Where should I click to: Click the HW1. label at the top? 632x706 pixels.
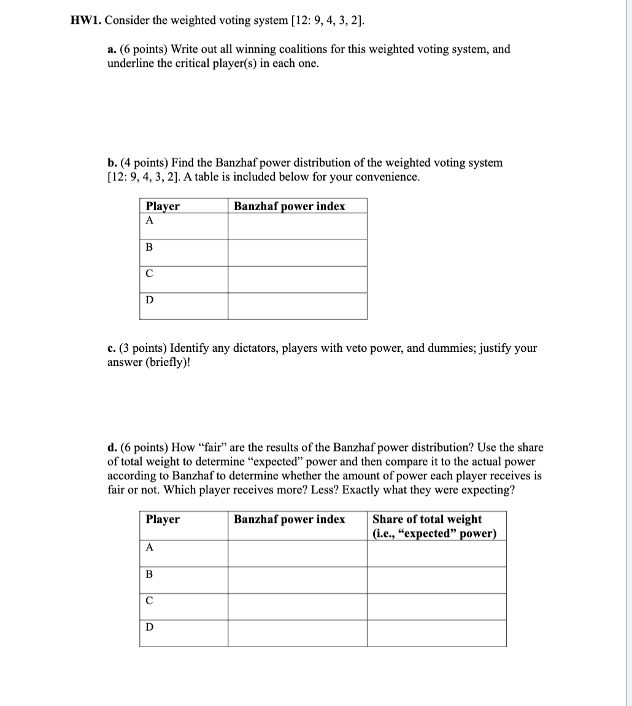[85, 20]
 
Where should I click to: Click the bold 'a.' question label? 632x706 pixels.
[112, 50]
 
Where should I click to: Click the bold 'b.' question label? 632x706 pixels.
[112, 163]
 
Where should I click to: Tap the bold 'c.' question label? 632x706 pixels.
[112, 349]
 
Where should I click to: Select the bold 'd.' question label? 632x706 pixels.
[112, 448]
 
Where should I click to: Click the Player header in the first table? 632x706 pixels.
[163, 207]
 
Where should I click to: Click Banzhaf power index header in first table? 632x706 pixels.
[289, 207]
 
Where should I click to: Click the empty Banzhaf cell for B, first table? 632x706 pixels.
[298, 252]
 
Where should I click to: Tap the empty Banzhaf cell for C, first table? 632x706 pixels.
[298, 279]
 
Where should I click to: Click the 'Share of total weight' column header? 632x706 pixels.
[427, 520]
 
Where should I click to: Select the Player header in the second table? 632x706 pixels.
[163, 520]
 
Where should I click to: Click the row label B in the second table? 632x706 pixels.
[149, 574]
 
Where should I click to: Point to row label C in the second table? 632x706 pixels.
[149, 601]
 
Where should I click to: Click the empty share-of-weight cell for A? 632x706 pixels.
[436, 553]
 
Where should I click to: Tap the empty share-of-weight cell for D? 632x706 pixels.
[436, 633]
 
